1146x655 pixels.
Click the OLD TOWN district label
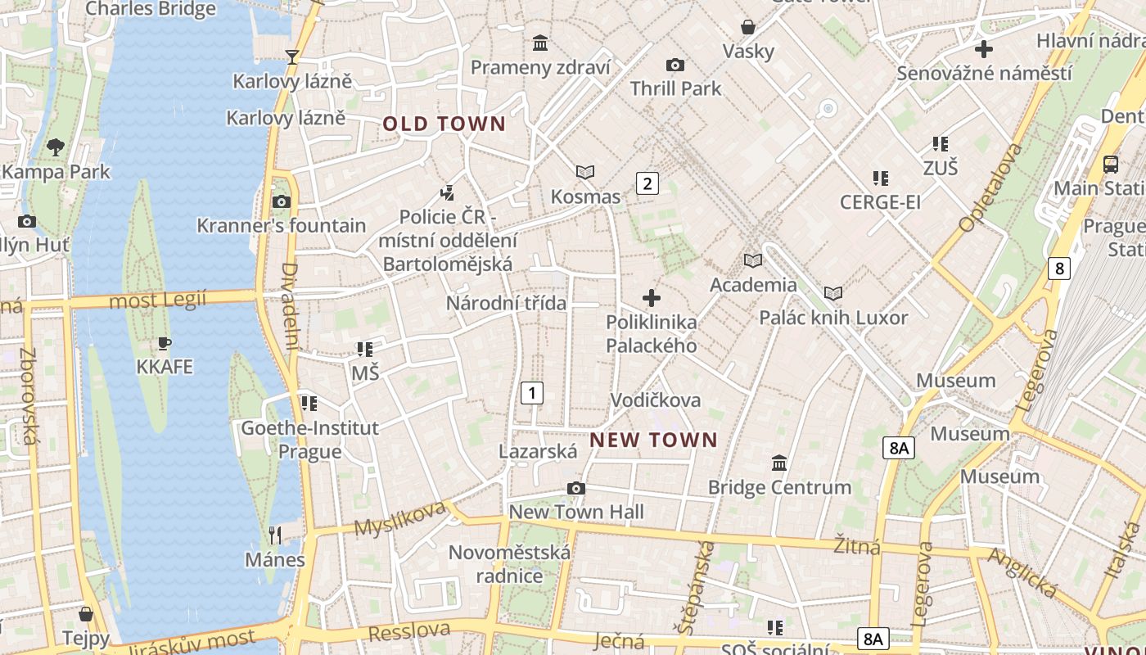[444, 124]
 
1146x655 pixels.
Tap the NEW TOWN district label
[653, 440]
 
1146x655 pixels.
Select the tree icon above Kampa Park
[56, 147]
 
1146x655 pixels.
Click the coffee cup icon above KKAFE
[165, 343]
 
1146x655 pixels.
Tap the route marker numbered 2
[647, 183]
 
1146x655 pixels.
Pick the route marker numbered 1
[532, 393]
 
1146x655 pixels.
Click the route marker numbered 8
[1060, 268]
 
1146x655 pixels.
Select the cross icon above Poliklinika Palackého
[652, 298]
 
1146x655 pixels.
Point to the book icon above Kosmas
[585, 172]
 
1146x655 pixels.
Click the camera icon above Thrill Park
[675, 65]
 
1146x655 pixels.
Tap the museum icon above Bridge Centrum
[779, 463]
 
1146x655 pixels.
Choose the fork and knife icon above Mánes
[275, 535]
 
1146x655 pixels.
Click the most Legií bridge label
[158, 300]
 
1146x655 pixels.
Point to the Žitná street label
[857, 546]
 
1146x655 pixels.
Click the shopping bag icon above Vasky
[747, 27]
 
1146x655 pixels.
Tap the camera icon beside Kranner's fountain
[281, 201]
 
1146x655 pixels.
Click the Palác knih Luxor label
[833, 318]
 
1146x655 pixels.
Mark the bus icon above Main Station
[1111, 164]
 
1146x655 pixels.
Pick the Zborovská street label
[28, 396]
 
